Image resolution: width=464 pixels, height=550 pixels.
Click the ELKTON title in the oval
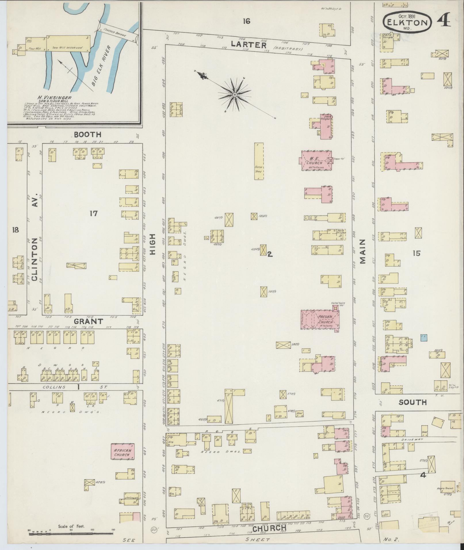(x=407, y=22)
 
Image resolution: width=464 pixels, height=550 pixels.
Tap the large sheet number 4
(x=444, y=20)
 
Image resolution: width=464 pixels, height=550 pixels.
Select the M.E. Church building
(x=316, y=160)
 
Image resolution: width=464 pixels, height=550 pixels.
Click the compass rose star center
(x=235, y=95)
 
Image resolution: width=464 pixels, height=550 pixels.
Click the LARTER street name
(x=249, y=45)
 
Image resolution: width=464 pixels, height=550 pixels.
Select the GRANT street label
(x=88, y=321)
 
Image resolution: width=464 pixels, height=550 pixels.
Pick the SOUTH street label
(x=413, y=402)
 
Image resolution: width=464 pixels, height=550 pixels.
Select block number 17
(x=93, y=213)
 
